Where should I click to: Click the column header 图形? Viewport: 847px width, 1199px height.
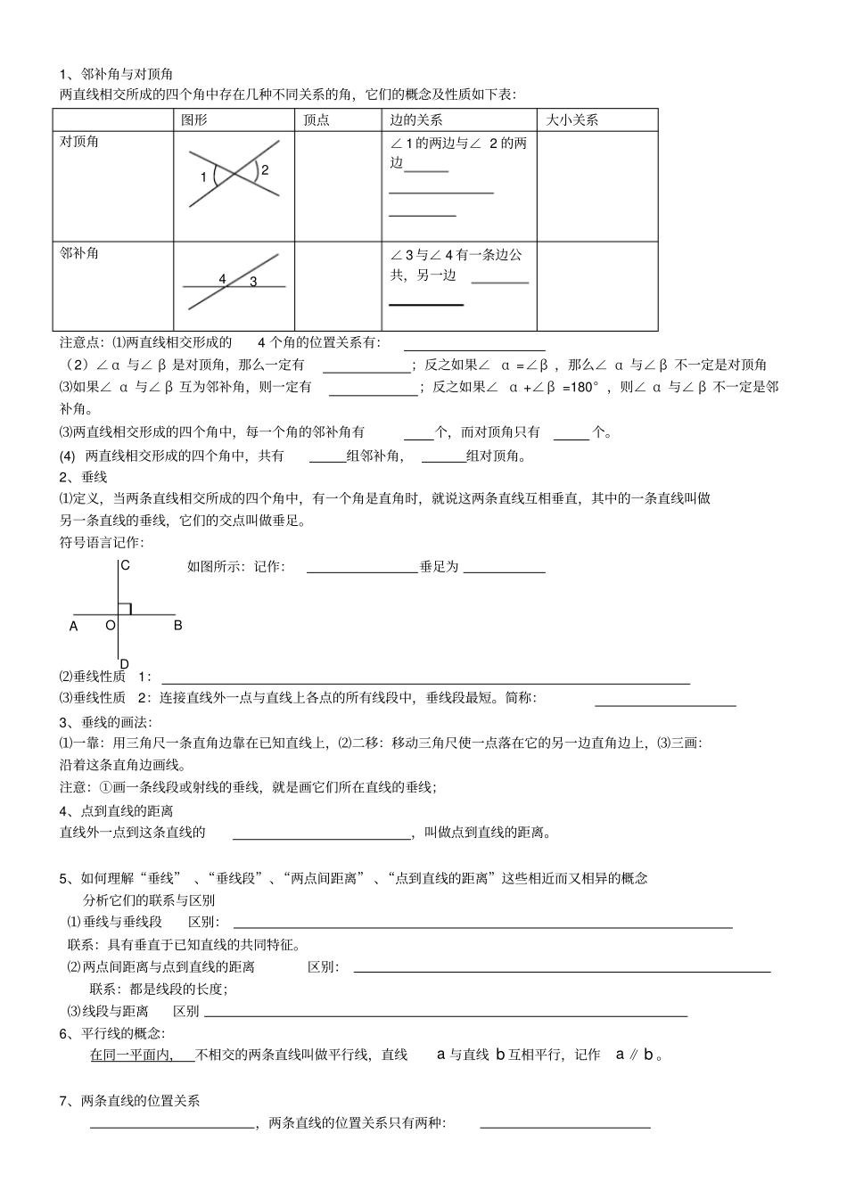pyautogui.click(x=194, y=119)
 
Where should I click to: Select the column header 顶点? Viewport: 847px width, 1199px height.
pyautogui.click(x=317, y=119)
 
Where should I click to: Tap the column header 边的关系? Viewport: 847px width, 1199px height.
pyautogui.click(x=416, y=119)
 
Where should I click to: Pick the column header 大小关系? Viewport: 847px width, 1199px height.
pyautogui.click(x=572, y=119)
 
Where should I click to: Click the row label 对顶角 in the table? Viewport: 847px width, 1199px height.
pyautogui.click(x=79, y=142)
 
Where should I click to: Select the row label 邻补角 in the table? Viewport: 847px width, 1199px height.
pyautogui.click(x=79, y=253)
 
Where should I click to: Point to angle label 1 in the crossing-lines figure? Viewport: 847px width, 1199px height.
pyautogui.click(x=203, y=177)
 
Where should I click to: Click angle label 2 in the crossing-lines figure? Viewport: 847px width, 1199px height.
pyautogui.click(x=265, y=169)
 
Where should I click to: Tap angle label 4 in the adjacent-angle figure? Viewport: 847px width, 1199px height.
pyautogui.click(x=222, y=279)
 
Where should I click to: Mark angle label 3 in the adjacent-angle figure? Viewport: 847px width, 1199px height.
pyautogui.click(x=253, y=282)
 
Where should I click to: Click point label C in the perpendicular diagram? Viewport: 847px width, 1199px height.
pyautogui.click(x=126, y=565)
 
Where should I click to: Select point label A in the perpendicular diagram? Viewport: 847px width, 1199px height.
pyautogui.click(x=74, y=626)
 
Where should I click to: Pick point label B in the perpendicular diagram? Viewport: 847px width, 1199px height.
pyautogui.click(x=177, y=625)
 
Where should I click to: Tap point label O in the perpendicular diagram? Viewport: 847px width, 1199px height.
pyautogui.click(x=111, y=625)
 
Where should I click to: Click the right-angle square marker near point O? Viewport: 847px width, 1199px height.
pyautogui.click(x=126, y=608)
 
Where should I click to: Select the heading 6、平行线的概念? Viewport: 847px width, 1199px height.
pyautogui.click(x=112, y=1033)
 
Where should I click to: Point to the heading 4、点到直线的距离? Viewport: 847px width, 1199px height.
pyautogui.click(x=116, y=810)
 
